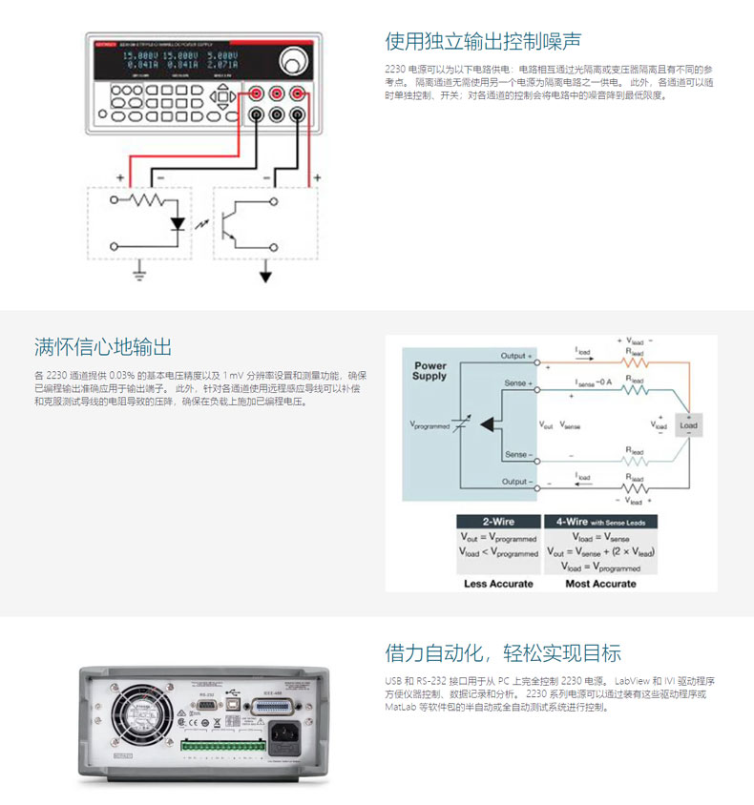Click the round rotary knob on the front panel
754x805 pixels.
288,63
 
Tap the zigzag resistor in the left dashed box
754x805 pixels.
148,201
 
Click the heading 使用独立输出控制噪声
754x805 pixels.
483,41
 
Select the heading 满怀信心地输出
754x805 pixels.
103,346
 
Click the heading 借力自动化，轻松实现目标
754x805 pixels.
503,653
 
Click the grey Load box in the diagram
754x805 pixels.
688,425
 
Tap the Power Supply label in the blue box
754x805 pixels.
429,370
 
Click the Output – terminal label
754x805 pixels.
516,482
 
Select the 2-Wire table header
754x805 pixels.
498,522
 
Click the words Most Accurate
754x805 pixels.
600,583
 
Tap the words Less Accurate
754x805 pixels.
498,583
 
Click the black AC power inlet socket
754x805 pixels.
284,733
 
